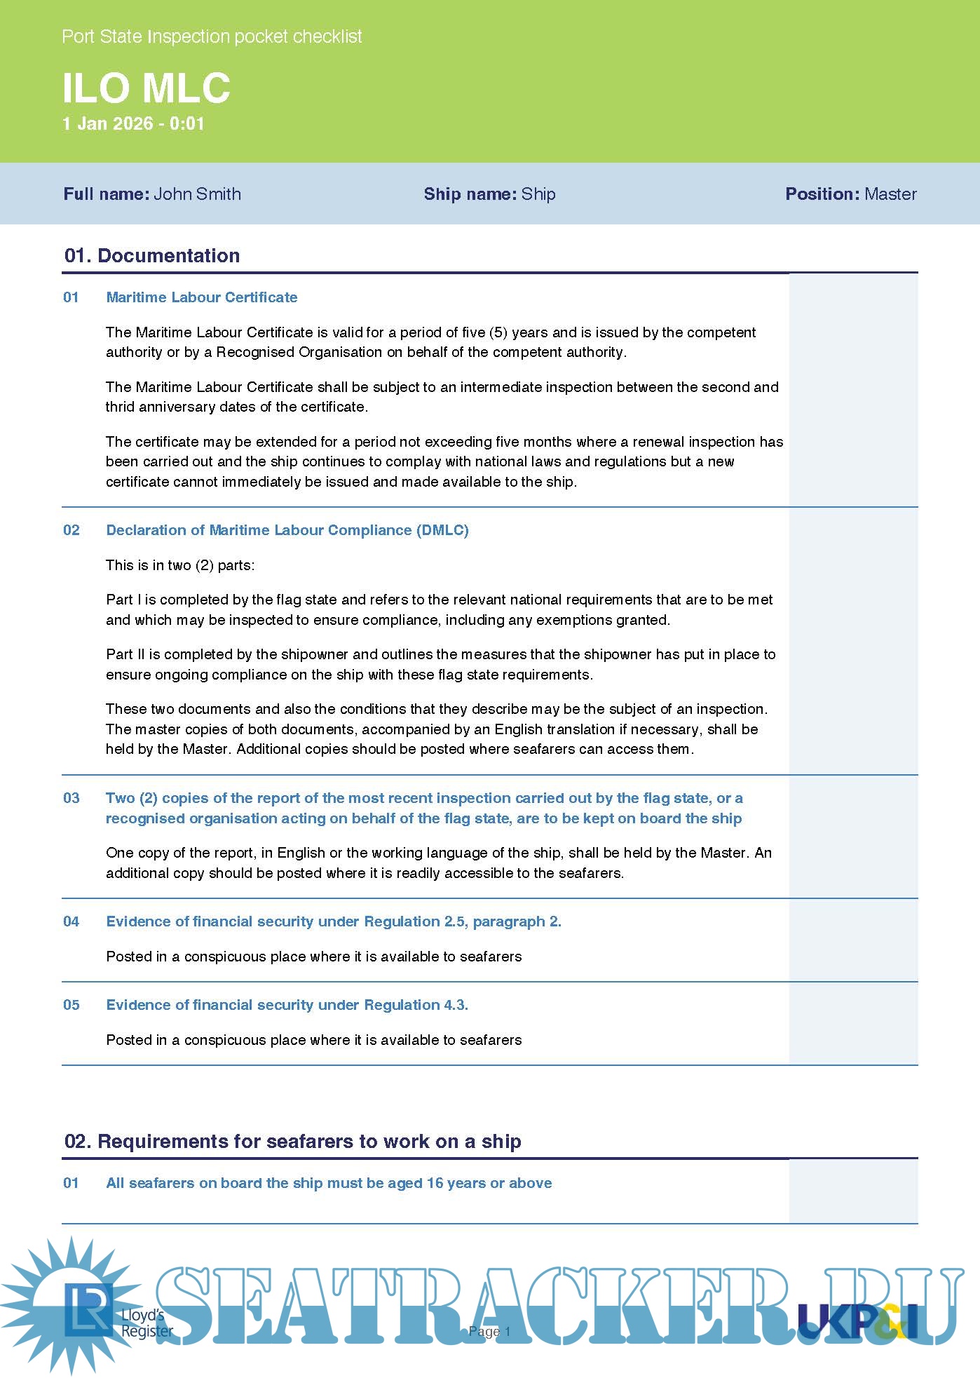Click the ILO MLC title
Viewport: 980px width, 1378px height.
click(x=146, y=88)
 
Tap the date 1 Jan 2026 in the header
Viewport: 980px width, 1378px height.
click(x=107, y=124)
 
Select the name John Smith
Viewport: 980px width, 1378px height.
click(x=197, y=194)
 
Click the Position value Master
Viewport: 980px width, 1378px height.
click(x=890, y=194)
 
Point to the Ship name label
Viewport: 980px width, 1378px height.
click(x=470, y=194)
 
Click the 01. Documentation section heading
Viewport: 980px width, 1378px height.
click(x=151, y=255)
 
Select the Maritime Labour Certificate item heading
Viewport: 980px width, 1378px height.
click(x=201, y=297)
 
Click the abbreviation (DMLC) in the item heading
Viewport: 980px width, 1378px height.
click(x=442, y=530)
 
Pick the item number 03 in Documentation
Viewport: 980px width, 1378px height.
click(x=72, y=798)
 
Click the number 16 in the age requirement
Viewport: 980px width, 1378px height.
click(x=435, y=1183)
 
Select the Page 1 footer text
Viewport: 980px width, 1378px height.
click(x=489, y=1331)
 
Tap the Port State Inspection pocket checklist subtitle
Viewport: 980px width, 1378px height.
click(x=212, y=36)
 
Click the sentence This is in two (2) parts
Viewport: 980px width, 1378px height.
click(x=180, y=565)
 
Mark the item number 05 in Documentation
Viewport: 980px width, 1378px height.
click(x=72, y=1005)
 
